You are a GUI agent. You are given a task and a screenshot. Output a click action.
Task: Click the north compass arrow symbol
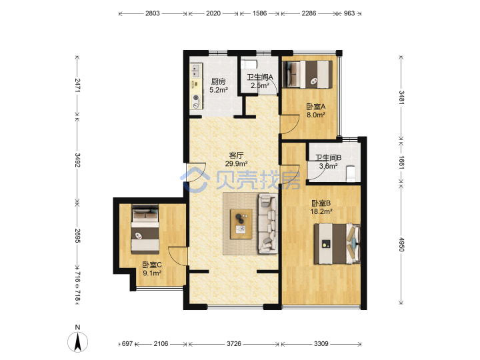coord(78,341)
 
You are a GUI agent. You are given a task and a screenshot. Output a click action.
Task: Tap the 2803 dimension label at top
coord(153,13)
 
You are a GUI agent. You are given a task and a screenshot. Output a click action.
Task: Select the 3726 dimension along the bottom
coord(234,344)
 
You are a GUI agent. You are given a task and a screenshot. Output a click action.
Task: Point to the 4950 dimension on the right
coord(401,244)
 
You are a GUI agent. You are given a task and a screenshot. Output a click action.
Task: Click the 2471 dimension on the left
coord(77,85)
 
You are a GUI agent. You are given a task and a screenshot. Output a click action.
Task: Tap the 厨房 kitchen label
coord(218,86)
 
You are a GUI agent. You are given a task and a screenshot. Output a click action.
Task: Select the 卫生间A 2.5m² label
coord(260,81)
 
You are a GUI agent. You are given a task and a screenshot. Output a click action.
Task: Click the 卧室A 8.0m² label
coord(316,111)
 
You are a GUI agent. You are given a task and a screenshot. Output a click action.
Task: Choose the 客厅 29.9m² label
coord(236,159)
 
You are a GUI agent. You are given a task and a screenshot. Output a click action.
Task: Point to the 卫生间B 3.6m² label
coord(329,162)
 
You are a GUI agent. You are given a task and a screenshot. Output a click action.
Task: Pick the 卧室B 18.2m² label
coord(321,207)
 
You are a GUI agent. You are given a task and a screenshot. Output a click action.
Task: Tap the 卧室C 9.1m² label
coord(152,269)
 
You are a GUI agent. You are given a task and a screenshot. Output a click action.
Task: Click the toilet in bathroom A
coord(249,65)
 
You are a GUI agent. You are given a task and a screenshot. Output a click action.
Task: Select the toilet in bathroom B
coord(351,174)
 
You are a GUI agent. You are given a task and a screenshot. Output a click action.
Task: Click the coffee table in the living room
coord(241,224)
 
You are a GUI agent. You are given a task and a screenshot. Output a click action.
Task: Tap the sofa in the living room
coord(268,223)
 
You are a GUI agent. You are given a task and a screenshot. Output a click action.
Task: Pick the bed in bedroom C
coord(145,229)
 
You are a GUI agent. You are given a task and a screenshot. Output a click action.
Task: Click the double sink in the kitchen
coord(196,71)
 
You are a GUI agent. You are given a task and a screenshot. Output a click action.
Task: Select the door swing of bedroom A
coord(289,124)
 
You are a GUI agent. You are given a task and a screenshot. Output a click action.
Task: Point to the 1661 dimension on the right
coord(401,162)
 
